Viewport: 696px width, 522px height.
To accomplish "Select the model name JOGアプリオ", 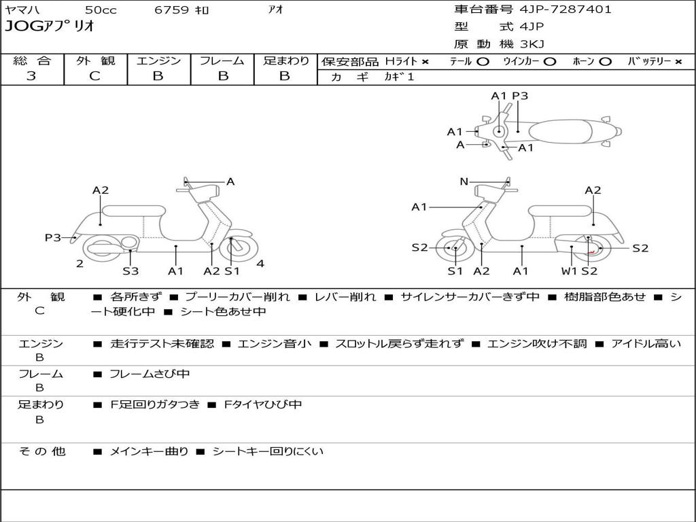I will [50, 27].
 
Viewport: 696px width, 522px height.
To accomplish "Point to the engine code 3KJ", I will [532, 44].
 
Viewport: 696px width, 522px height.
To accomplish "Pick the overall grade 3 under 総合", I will [31, 76].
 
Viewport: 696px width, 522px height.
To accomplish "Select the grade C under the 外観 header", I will [94, 76].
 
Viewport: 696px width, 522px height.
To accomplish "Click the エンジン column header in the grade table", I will [158, 60].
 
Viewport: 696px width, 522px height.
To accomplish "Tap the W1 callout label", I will [569, 271].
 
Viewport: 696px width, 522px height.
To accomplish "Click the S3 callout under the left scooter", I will [130, 271].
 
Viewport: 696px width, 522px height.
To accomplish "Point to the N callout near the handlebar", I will [464, 181].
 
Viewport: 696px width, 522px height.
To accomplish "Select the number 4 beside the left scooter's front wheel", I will [260, 264].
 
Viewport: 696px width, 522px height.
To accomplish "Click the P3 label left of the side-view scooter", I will [53, 237].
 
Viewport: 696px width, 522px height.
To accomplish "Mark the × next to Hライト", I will [425, 62].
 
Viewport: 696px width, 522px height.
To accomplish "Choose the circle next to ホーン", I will [605, 62].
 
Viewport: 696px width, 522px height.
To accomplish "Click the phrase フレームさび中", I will [150, 374].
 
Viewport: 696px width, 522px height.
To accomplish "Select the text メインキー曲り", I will [149, 451].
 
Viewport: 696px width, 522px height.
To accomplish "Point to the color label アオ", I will [276, 10].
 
